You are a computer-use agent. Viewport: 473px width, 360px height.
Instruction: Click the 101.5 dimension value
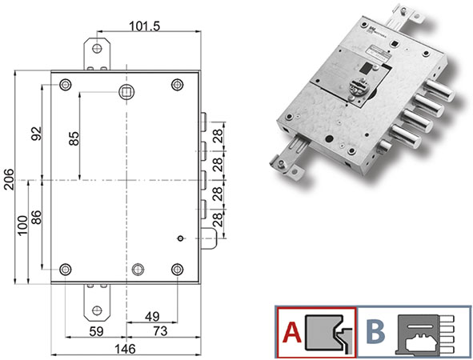click(145, 26)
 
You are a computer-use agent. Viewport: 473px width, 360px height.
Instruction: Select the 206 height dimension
click(9, 179)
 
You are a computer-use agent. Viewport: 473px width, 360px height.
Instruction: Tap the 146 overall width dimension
click(125, 349)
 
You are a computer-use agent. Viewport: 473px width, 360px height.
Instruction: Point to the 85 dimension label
click(74, 138)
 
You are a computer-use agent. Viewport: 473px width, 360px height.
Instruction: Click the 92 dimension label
click(37, 134)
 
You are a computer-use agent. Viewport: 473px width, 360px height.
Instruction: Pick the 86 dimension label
click(37, 218)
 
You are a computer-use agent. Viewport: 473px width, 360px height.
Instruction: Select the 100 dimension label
click(22, 226)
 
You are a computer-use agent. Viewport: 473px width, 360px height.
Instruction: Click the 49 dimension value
click(152, 317)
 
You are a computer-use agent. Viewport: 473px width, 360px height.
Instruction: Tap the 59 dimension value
click(96, 331)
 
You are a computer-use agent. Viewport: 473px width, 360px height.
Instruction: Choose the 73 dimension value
click(160, 331)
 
